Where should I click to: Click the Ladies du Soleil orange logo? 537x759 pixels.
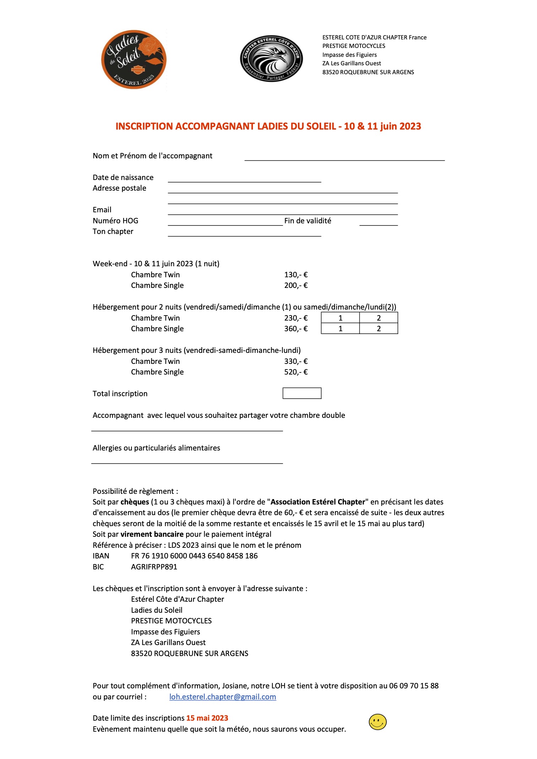(x=134, y=59)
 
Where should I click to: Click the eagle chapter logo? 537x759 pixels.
(x=271, y=59)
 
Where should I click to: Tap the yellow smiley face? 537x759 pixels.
(x=378, y=722)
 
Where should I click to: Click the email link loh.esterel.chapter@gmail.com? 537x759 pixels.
(x=223, y=697)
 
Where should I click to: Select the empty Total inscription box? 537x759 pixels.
(x=302, y=393)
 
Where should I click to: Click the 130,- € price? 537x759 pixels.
(x=296, y=275)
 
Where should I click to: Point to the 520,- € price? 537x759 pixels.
(x=296, y=372)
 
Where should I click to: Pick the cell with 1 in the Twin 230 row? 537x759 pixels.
(x=340, y=318)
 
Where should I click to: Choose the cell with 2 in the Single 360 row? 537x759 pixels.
(x=379, y=329)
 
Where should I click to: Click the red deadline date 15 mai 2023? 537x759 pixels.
(x=207, y=718)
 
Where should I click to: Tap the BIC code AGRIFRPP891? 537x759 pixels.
(x=154, y=567)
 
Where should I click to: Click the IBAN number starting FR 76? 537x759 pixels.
(x=194, y=556)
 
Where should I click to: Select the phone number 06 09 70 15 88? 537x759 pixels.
(x=414, y=686)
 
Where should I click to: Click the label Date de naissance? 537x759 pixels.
(x=123, y=178)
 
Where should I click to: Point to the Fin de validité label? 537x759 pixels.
(x=308, y=221)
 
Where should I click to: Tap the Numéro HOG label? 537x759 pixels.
(x=115, y=221)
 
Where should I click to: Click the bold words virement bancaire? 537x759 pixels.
(x=152, y=534)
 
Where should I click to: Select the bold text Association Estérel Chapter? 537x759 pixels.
(x=318, y=502)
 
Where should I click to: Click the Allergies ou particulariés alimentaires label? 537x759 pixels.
(x=156, y=448)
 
